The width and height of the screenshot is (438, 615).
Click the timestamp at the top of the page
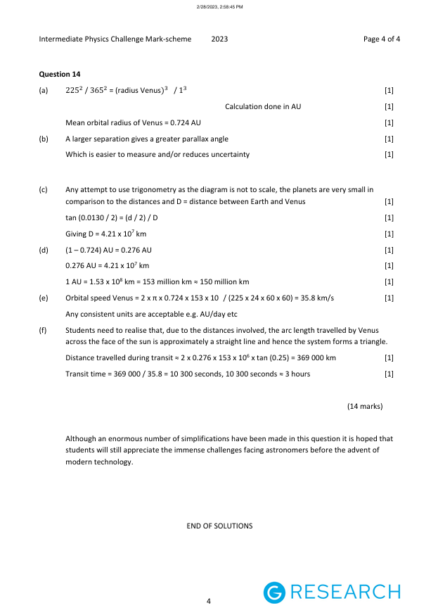219,6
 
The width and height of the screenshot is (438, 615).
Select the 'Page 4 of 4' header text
382,39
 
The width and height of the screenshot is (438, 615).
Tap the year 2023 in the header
219,39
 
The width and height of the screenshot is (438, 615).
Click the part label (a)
44,90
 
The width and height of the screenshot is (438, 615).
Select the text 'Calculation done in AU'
263,106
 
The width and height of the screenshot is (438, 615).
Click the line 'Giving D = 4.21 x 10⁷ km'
106,234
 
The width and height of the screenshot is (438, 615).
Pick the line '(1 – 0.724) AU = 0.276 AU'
108,250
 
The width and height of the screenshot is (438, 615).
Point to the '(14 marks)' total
365,406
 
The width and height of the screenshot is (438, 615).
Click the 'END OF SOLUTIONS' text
219,526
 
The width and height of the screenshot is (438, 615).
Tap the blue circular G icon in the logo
274,592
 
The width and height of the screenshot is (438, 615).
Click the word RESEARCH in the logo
344,592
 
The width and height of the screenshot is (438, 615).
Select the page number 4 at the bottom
209,601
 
